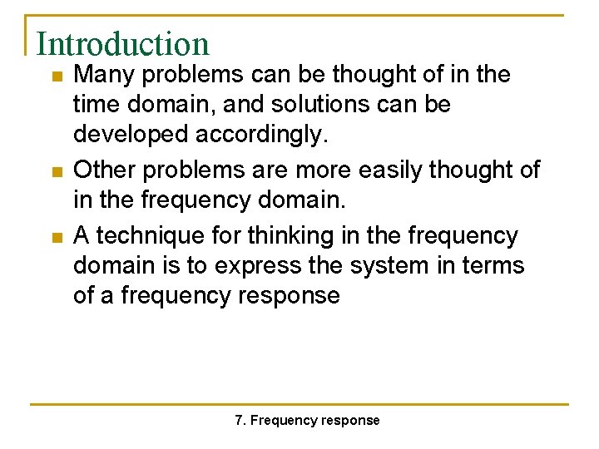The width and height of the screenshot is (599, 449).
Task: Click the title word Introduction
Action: tap(122, 43)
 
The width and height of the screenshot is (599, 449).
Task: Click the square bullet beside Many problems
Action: tap(56, 76)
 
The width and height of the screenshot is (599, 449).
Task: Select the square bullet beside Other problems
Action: tap(56, 172)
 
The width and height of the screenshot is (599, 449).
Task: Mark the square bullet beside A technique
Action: tap(56, 238)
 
